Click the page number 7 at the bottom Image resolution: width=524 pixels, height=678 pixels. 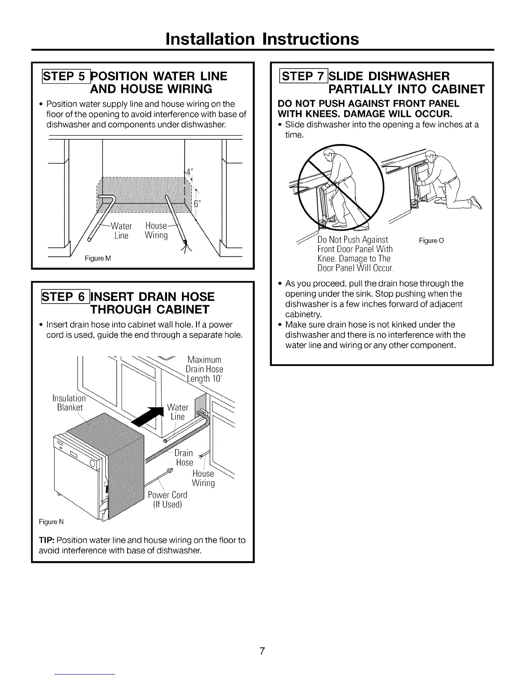(x=262, y=651)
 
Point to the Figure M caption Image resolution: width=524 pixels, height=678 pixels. (x=98, y=259)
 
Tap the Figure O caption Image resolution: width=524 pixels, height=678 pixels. (x=431, y=241)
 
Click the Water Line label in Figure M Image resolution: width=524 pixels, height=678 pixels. (x=121, y=231)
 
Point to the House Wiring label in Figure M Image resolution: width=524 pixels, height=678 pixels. (x=156, y=231)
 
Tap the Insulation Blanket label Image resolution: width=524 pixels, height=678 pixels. (x=69, y=403)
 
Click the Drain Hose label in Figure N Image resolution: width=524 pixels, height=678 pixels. (x=185, y=458)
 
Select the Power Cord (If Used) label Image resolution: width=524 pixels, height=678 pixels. (x=167, y=500)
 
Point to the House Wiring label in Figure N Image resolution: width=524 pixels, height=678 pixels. (x=203, y=478)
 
